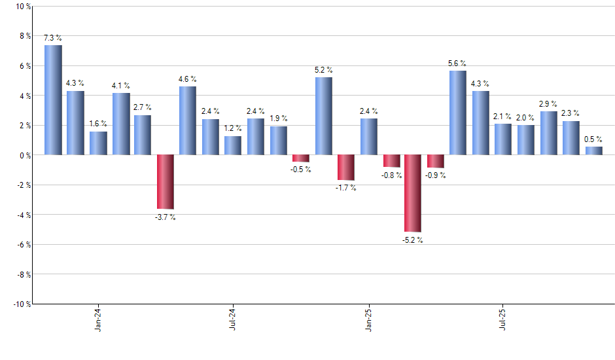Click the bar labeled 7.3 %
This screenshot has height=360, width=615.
(53, 100)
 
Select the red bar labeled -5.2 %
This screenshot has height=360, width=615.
(413, 193)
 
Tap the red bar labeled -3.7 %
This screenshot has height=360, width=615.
(166, 181)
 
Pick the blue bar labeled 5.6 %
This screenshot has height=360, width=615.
(458, 113)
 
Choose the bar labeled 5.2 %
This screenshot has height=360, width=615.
(323, 116)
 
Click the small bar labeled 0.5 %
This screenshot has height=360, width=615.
(593, 151)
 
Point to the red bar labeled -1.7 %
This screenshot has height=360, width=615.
(345, 167)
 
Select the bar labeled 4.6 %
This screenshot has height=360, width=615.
(188, 120)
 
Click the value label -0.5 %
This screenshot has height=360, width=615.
(301, 170)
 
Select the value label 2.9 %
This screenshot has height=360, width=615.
(548, 103)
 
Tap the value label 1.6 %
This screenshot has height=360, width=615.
(98, 123)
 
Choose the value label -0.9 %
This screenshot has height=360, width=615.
(436, 175)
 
